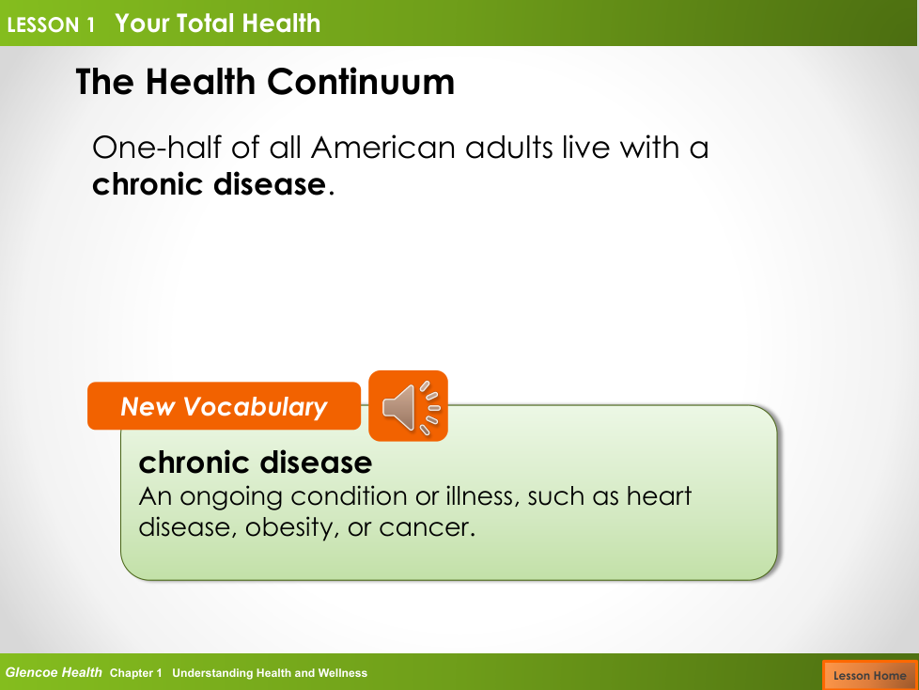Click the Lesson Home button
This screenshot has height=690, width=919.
click(870, 675)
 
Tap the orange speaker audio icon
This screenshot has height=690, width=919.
click(408, 406)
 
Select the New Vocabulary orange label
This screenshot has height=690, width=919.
click(224, 406)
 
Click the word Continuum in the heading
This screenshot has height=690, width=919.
click(361, 82)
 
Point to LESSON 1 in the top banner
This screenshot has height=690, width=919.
click(51, 24)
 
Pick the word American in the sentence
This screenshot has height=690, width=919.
click(382, 148)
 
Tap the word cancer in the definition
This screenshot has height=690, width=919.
click(427, 527)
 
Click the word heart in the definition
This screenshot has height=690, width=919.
click(660, 496)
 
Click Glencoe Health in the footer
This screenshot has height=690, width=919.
click(54, 672)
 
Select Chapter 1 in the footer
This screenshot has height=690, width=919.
click(135, 673)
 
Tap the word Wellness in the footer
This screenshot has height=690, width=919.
click(342, 673)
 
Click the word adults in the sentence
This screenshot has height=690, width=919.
click(508, 148)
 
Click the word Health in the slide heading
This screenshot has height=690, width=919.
click(200, 82)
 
